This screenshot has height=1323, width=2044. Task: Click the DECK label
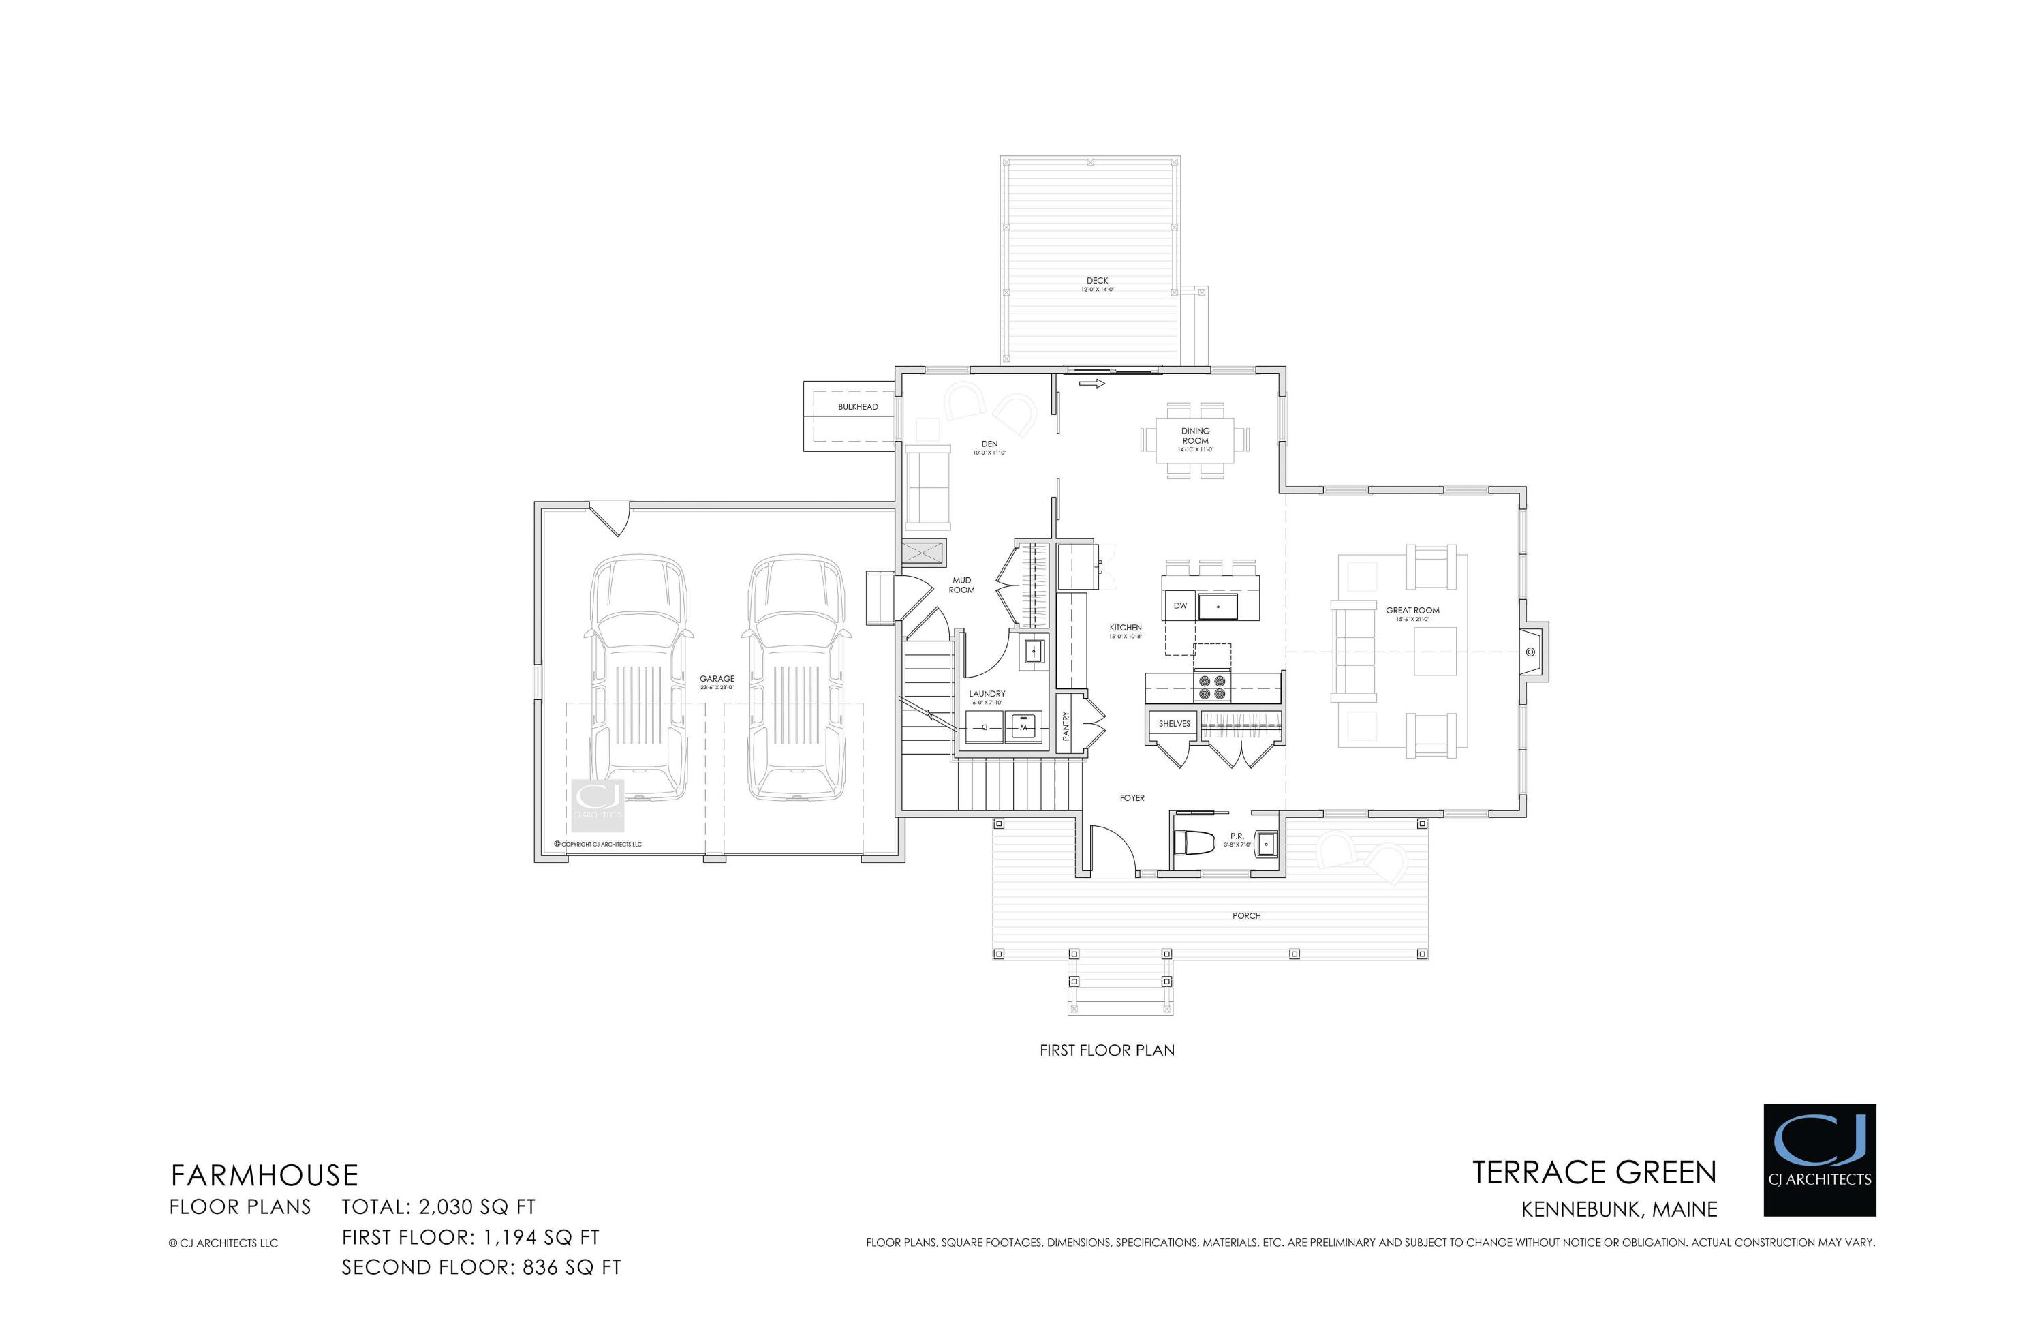(1097, 281)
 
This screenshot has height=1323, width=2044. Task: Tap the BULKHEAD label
(858, 406)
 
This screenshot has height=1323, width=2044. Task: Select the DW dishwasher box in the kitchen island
(1180, 607)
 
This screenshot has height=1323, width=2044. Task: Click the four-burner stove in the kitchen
(1212, 686)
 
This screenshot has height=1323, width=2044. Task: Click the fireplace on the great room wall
(1531, 652)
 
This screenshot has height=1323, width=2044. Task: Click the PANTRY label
(1066, 726)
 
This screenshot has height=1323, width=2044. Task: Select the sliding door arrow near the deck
(1091, 384)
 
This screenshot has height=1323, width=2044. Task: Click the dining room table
(1194, 440)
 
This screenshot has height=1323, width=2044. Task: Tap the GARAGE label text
(716, 679)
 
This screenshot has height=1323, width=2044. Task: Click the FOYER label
(1132, 798)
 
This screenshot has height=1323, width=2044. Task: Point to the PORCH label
(1246, 916)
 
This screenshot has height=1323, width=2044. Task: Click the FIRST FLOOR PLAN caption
(1106, 1050)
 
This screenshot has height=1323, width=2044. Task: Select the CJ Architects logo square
(1819, 1160)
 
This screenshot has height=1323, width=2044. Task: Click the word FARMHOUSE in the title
(264, 1175)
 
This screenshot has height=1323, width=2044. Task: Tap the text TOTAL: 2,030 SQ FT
(438, 1207)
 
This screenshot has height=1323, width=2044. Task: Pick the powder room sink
(1266, 845)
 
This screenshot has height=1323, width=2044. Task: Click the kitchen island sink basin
(1218, 607)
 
